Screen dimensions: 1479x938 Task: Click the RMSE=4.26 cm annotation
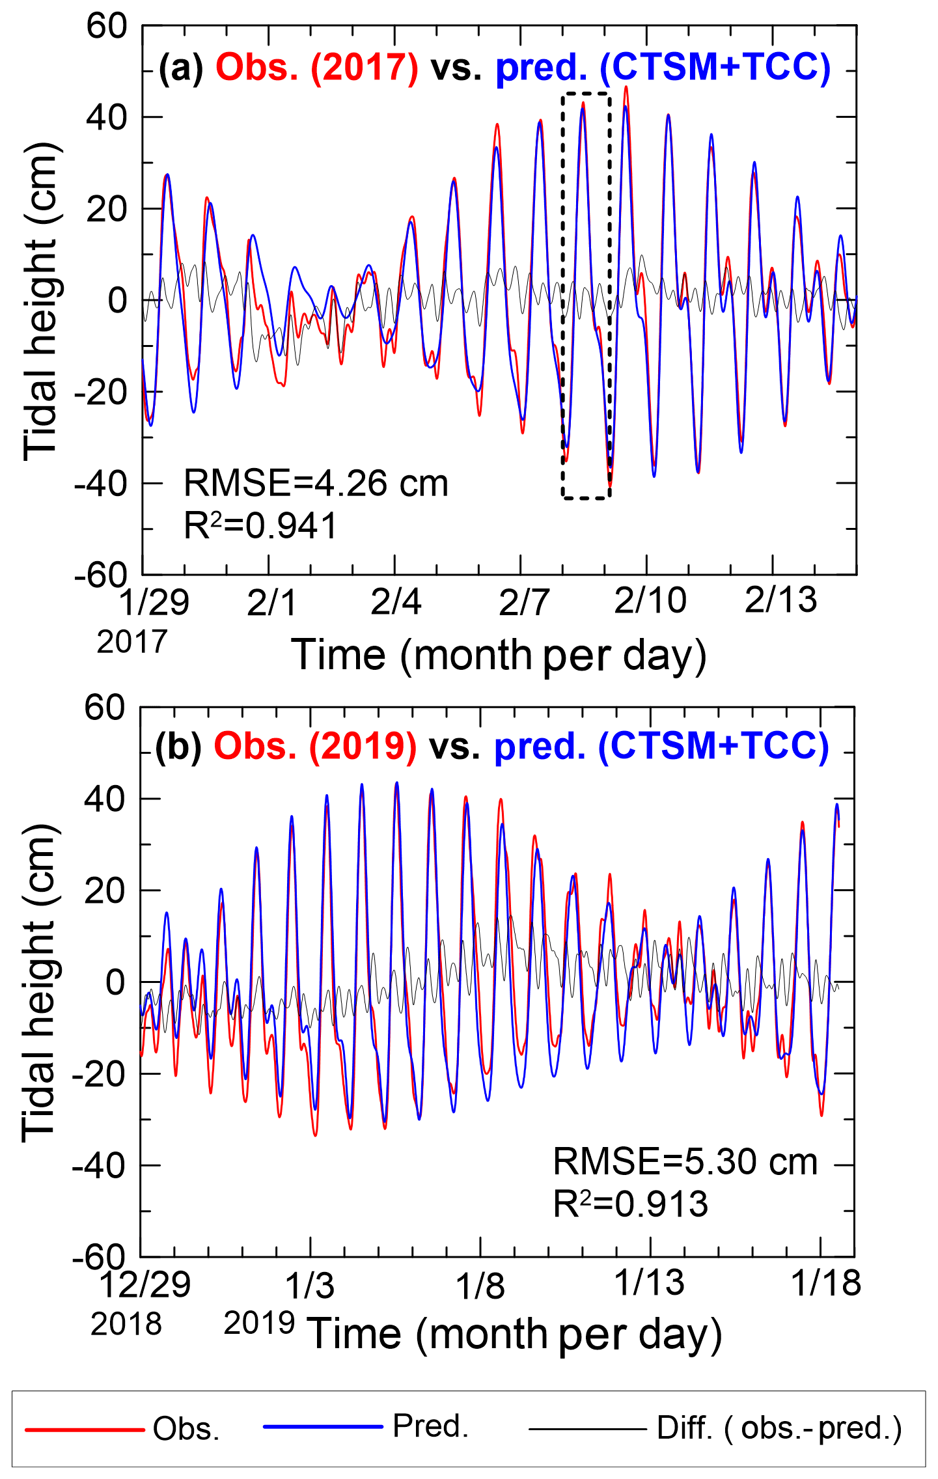click(316, 484)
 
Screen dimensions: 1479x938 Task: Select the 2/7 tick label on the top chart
click(524, 602)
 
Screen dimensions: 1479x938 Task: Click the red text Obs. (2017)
click(317, 67)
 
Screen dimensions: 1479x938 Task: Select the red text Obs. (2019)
click(315, 746)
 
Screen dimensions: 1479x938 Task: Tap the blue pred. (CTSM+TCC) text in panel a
click(663, 67)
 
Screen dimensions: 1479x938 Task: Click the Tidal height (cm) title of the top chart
click(41, 301)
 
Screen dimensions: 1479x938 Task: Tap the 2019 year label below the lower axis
click(259, 1323)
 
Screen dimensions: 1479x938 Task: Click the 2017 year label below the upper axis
click(132, 642)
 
